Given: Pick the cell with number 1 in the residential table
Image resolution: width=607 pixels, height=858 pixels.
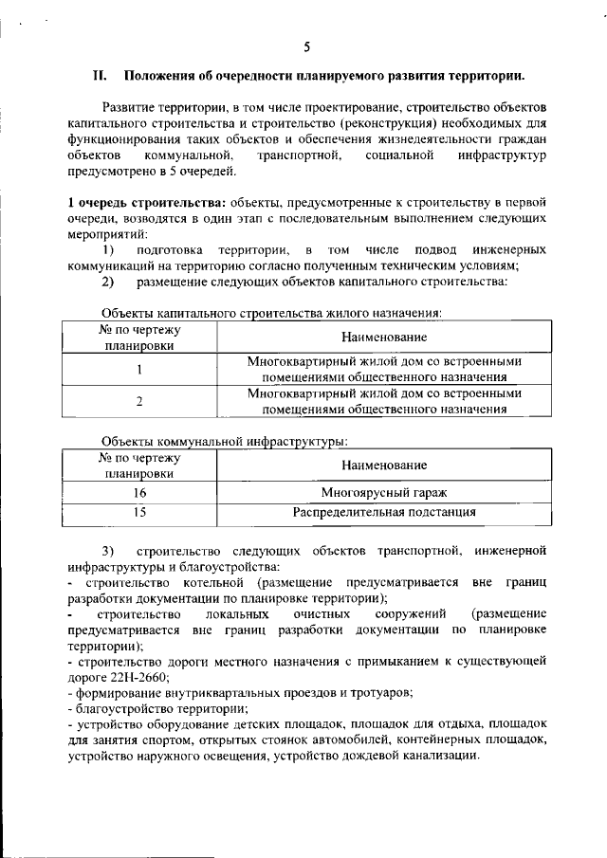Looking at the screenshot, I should pyautogui.click(x=139, y=370).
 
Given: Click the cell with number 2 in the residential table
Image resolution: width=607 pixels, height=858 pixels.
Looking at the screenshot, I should pyautogui.click(x=139, y=401).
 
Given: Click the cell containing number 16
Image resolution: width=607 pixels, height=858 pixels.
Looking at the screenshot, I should pyautogui.click(x=139, y=493).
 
